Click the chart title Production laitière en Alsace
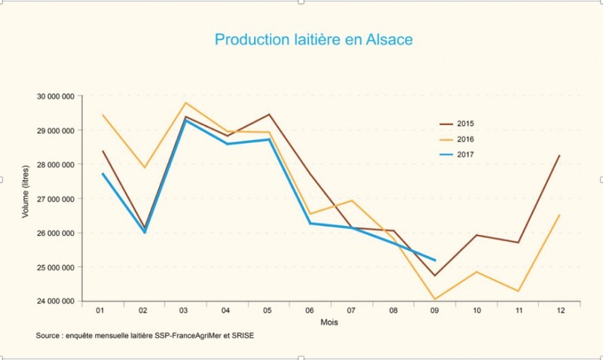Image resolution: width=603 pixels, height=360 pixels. click(x=314, y=40)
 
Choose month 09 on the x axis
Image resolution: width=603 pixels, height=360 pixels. click(x=435, y=310)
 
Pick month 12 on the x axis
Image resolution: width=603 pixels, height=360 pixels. click(x=560, y=310)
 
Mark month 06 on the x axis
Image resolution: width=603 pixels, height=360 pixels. click(x=310, y=310)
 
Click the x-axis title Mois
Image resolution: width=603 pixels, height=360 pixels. click(x=328, y=322)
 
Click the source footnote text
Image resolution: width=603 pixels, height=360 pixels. click(x=144, y=335)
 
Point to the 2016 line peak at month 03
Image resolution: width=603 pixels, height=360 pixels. click(x=185, y=102)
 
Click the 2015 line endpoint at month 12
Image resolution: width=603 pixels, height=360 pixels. click(x=560, y=155)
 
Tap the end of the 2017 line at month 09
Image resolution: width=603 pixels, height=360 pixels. click(x=435, y=261)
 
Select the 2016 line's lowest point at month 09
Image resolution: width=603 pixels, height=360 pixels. click(x=435, y=299)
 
